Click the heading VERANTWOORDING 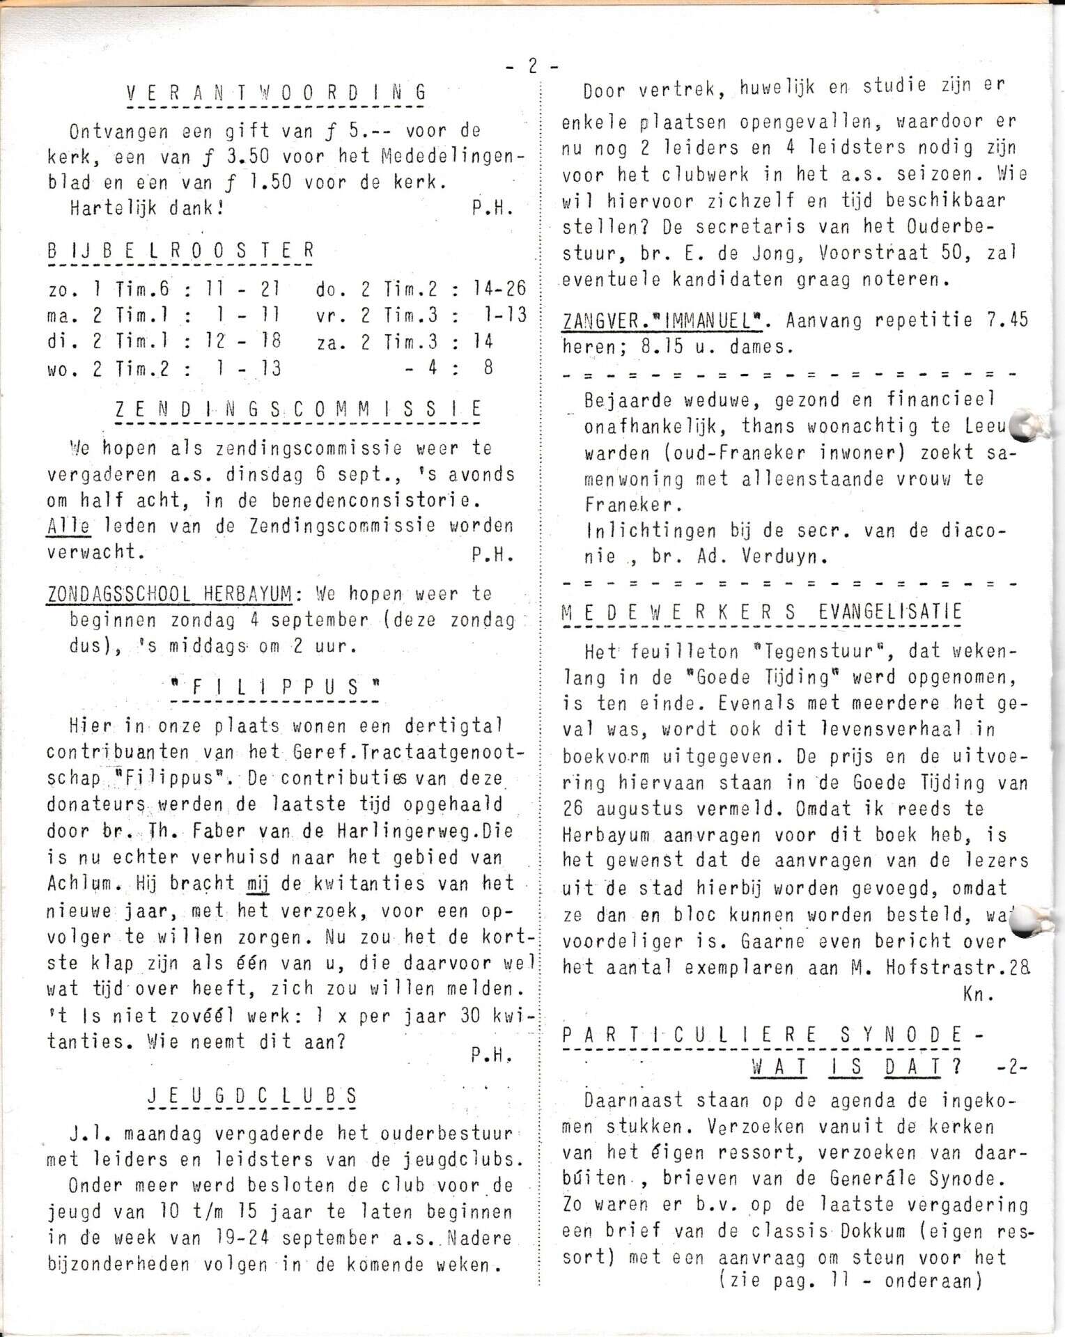coord(276,93)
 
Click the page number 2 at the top coord(532,66)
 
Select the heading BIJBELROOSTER coord(180,251)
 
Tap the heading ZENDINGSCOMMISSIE coord(298,409)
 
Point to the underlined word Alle coord(68,526)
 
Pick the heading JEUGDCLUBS coord(252,1095)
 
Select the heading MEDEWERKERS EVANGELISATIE coord(761,611)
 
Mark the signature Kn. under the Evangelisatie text coord(977,994)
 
